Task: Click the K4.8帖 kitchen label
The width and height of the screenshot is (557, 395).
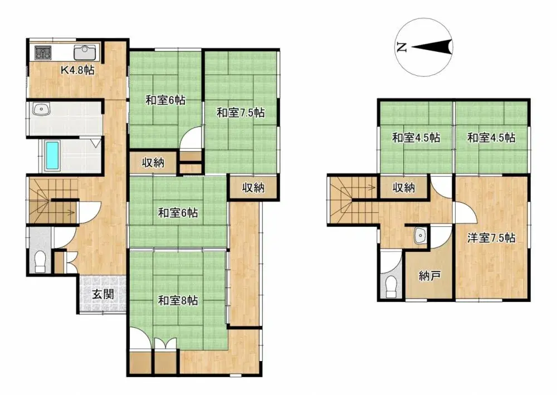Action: [77, 71]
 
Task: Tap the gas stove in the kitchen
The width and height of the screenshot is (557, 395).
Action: [43, 53]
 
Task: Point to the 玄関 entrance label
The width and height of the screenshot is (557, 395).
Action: [104, 294]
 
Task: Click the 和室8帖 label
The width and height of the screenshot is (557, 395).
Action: [178, 301]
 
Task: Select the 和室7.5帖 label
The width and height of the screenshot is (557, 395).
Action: [241, 113]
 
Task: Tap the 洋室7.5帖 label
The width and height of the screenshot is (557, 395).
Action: [491, 238]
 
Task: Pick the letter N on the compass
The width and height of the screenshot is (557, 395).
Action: [401, 47]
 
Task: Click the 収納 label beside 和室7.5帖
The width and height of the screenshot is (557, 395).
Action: [252, 188]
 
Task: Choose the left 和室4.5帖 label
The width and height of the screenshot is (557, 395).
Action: [416, 138]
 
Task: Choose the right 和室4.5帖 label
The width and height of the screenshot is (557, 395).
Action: [491, 138]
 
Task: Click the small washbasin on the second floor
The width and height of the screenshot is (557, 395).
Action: [419, 236]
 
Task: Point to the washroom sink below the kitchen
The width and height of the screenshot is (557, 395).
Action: [42, 110]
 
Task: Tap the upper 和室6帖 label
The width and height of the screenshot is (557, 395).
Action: [165, 101]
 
